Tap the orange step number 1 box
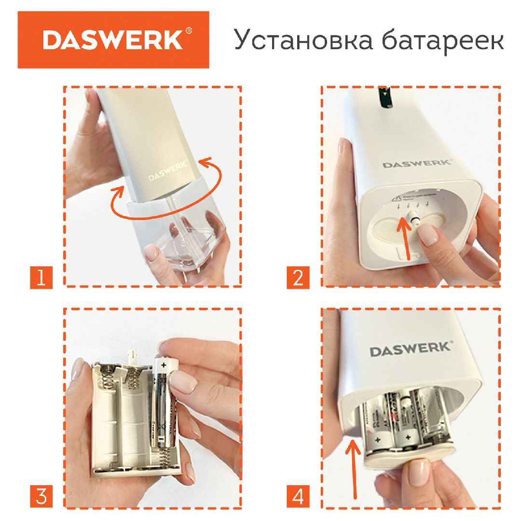pos(41,278)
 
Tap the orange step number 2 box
pos(298,278)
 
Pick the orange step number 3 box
pos(41,497)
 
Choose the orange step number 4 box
pos(298,497)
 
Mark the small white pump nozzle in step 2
pos(413,218)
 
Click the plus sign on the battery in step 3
pos(163,366)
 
